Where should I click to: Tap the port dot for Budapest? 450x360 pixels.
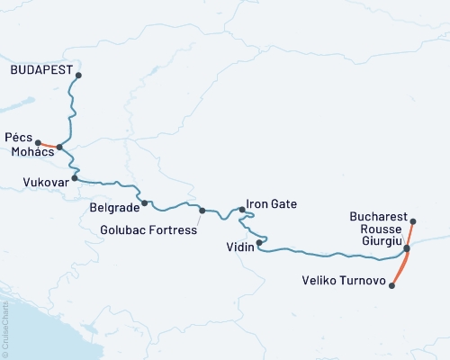point(79,76)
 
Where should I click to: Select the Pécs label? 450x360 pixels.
point(19,137)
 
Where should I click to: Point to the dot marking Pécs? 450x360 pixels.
point(38,142)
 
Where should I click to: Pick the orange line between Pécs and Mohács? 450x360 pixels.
point(49,145)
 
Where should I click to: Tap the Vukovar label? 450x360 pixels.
point(42,181)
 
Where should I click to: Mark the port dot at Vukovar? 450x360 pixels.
point(75,178)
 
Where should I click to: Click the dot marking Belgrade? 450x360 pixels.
point(144,203)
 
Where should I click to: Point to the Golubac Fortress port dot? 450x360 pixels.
point(202,211)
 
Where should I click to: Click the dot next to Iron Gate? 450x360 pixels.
point(242,210)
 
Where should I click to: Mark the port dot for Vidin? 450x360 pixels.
point(259,242)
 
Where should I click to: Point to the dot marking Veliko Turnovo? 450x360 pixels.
point(391,285)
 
